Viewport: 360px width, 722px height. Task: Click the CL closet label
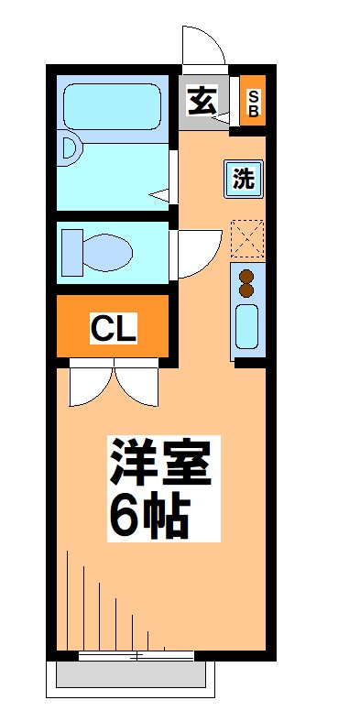(x=114, y=327)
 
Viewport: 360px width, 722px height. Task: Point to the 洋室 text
(x=162, y=464)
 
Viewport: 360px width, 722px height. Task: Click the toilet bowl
(x=109, y=249)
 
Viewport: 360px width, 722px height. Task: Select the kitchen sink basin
(x=246, y=326)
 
